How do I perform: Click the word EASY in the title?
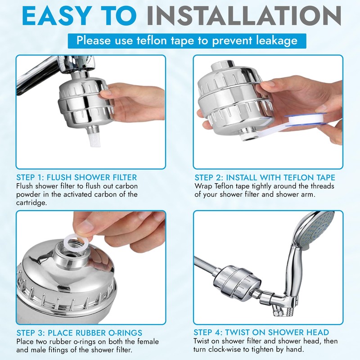point(55,16)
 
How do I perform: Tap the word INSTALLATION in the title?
point(244,16)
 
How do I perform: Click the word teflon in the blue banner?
point(152,40)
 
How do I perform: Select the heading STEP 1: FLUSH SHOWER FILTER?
point(76,177)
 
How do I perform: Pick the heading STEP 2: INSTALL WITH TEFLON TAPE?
point(265,177)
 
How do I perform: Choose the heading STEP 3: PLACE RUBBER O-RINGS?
point(80,333)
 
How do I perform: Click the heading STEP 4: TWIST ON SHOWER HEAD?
point(261,333)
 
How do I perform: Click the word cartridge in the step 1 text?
point(31,203)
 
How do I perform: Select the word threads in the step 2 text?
point(322,186)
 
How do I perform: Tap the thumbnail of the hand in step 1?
point(106,94)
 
